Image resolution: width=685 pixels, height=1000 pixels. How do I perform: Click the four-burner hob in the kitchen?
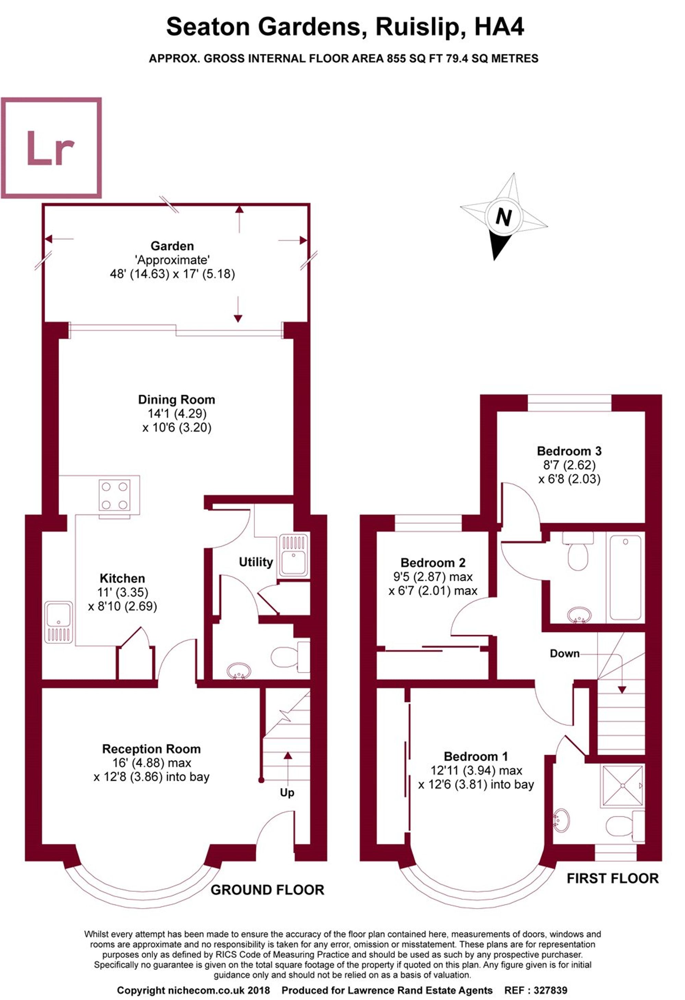[x=114, y=495]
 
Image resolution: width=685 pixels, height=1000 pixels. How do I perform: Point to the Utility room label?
[x=256, y=562]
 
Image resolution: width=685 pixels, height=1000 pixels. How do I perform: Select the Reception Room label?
[x=151, y=749]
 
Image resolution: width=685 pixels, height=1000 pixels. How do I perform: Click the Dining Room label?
[x=176, y=400]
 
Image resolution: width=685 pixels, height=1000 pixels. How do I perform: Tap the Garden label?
[x=172, y=246]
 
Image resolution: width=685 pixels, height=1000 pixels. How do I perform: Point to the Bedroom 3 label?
[x=569, y=451]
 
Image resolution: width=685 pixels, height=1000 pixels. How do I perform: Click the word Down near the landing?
[x=564, y=654]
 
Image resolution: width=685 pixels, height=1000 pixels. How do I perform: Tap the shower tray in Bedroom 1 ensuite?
[x=623, y=786]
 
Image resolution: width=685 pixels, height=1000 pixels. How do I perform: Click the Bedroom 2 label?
[x=433, y=563]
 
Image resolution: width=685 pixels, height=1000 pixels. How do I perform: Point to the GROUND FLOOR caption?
[x=267, y=890]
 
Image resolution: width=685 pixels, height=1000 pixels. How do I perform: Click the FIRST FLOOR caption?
[x=612, y=879]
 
